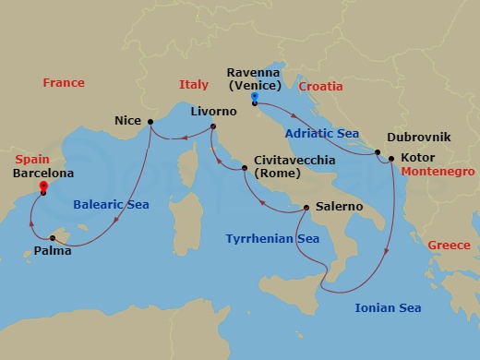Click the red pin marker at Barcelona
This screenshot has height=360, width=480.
tap(42, 187)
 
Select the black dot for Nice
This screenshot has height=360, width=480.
tap(150, 121)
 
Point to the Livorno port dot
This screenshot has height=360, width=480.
tap(213, 127)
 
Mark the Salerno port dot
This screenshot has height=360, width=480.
tap(306, 208)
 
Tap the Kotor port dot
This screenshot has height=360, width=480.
tap(391, 159)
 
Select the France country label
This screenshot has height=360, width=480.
tap(64, 84)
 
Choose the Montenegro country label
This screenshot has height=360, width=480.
tap(438, 173)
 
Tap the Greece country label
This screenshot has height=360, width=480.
tap(449, 246)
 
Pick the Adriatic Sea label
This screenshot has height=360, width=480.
tap(322, 133)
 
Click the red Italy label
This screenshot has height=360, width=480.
tap(194, 85)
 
